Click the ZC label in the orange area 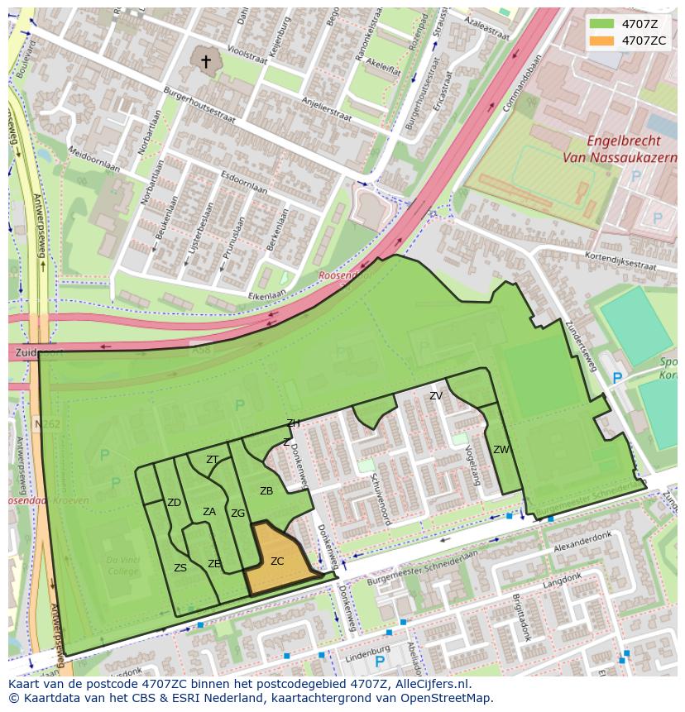[277, 561]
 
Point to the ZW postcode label [501, 450]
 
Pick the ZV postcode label [436, 396]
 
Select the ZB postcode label [266, 491]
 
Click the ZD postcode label [174, 503]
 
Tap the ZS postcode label [180, 568]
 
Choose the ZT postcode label [213, 460]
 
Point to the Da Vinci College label [122, 566]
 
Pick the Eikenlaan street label [266, 293]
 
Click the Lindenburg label [370, 650]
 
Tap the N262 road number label [48, 423]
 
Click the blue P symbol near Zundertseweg [616, 378]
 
